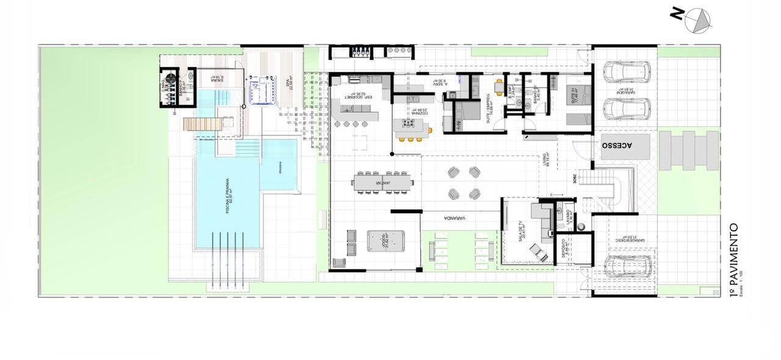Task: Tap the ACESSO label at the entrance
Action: [x=617, y=146]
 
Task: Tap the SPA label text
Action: [x=284, y=81]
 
